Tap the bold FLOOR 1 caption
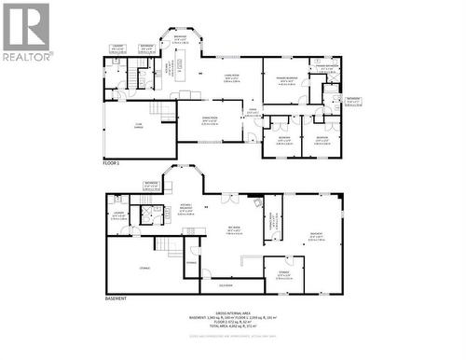coord(113,162)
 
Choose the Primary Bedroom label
coord(285,81)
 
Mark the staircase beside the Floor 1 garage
coord(164,111)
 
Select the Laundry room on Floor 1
coord(118,48)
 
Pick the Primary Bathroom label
coord(326,66)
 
